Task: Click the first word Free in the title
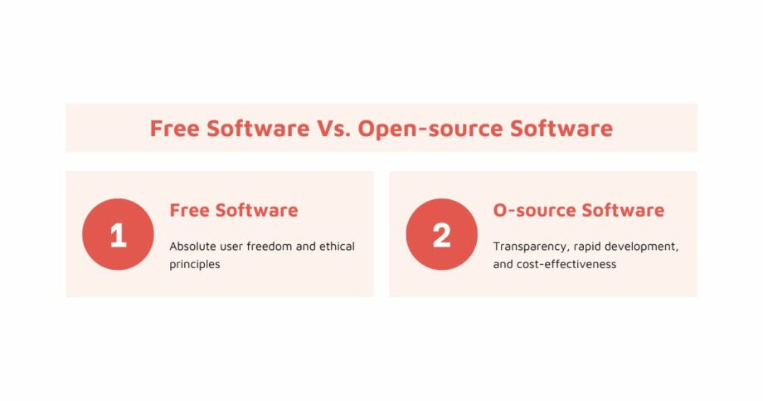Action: [x=174, y=129]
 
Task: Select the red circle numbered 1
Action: [x=118, y=235]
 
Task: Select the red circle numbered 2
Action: [x=441, y=235]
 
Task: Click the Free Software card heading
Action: [x=233, y=210]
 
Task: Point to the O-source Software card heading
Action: [x=578, y=210]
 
